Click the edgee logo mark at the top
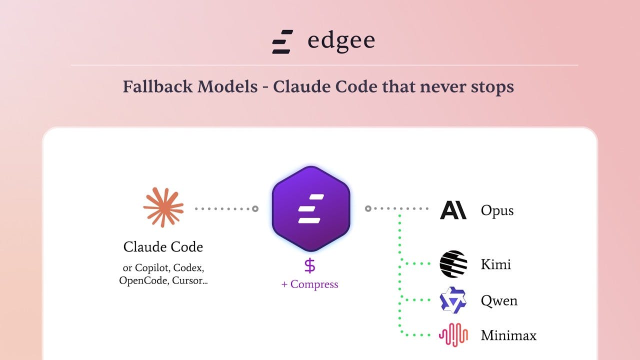tap(282, 41)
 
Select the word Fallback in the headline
tap(157, 86)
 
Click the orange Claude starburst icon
tap(163, 207)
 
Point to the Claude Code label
tap(163, 247)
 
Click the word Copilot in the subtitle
tap(152, 268)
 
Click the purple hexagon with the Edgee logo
tap(311, 209)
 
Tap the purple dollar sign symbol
tap(310, 265)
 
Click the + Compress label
tap(309, 284)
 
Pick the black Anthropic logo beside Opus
tap(453, 210)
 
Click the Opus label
tap(497, 210)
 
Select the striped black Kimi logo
tap(453, 264)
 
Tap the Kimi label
tap(496, 264)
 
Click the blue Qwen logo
tap(453, 300)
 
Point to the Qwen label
tap(499, 301)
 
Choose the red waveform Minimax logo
tap(453, 335)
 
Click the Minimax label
tap(509, 335)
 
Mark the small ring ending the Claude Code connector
tap(255, 209)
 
